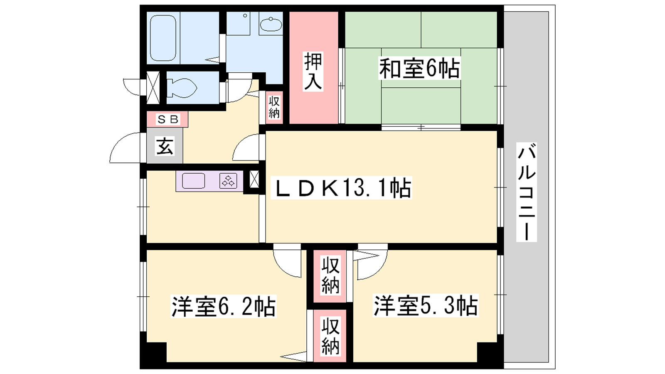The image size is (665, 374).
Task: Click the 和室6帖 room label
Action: click(419, 69)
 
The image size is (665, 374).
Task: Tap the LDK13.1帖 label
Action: click(341, 188)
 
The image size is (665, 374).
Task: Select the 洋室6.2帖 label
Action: click(224, 306)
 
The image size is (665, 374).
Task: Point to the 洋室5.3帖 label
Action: click(426, 305)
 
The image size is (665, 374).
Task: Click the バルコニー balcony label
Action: click(526, 192)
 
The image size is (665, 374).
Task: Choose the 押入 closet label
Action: click(313, 71)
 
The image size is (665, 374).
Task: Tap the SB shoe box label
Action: click(168, 119)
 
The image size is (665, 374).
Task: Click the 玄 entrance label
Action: click(165, 146)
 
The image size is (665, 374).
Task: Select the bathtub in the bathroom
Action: click(163, 38)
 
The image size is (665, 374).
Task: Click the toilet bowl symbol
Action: click(181, 88)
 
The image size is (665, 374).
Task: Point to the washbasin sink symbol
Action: click(271, 25)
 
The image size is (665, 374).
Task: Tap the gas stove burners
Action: click(228, 181)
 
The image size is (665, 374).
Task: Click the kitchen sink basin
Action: click(194, 181)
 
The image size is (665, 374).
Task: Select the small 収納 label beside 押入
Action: click(274, 108)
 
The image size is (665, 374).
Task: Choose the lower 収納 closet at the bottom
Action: click(330, 336)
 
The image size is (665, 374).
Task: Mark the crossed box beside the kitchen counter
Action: click(254, 179)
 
